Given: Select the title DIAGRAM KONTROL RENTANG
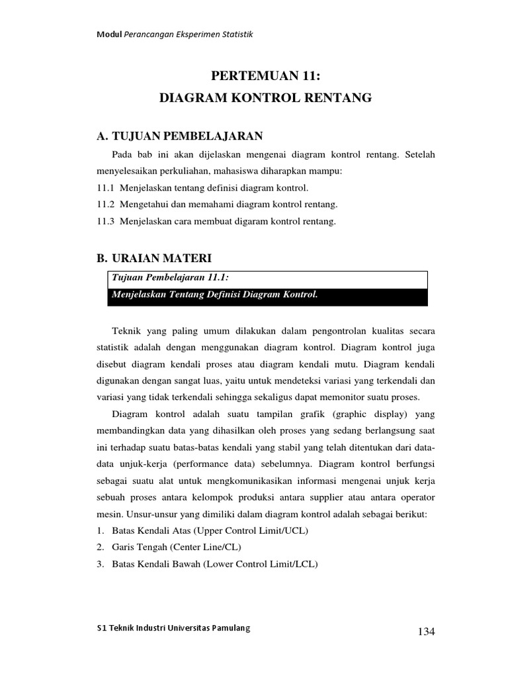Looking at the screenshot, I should click(267, 99).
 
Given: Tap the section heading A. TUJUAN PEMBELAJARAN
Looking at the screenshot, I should click(180, 136).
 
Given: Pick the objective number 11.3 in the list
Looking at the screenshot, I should click(105, 222).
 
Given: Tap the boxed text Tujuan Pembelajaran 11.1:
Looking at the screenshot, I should click(163, 279).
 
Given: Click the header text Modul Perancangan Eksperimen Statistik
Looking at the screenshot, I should click(171, 34).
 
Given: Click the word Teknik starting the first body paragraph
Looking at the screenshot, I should click(127, 329).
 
